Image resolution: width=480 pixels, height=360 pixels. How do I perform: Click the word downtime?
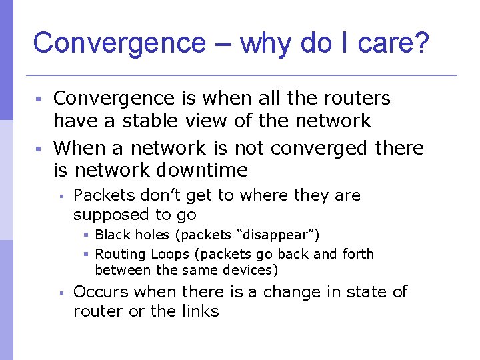(201, 171)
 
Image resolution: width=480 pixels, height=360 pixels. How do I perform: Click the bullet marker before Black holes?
(86, 235)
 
